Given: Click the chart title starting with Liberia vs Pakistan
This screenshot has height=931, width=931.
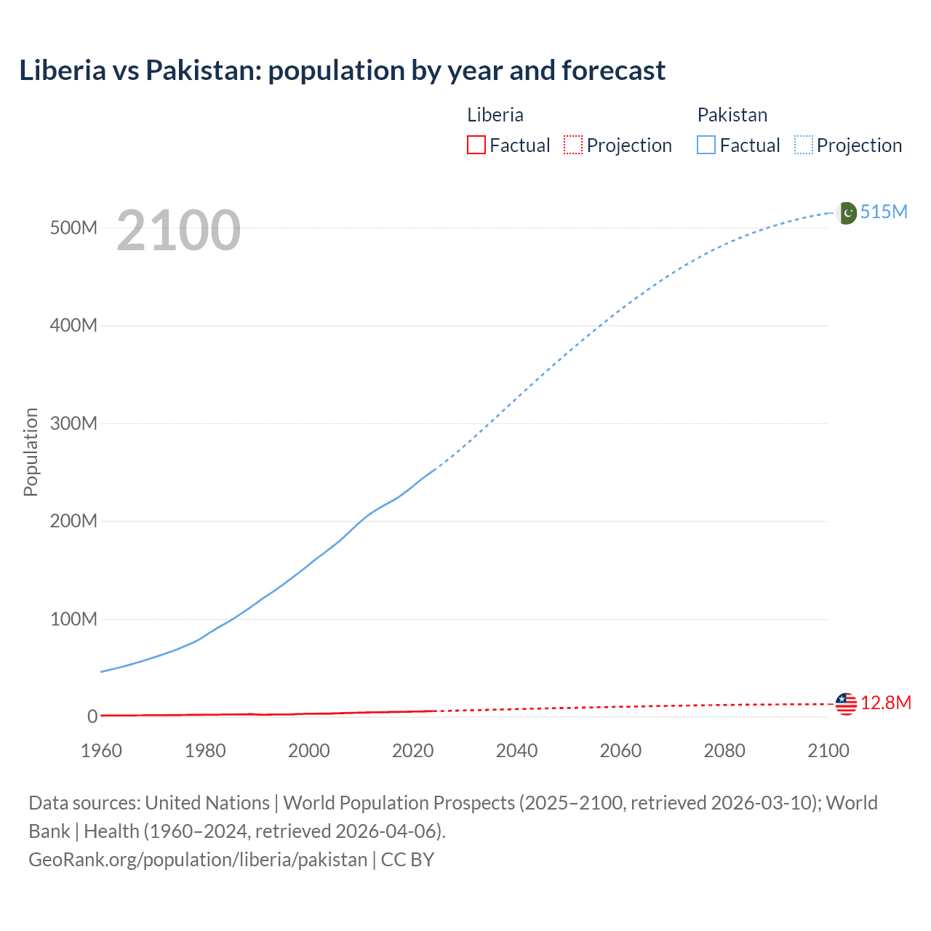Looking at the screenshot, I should coord(342,71).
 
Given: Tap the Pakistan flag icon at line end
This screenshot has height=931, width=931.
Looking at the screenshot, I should coord(847,212).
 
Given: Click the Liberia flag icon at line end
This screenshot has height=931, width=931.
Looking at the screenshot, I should coord(846,703).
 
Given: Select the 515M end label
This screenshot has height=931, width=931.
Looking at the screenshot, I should coord(884,212).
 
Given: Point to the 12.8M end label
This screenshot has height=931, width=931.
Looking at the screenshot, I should coord(885,703).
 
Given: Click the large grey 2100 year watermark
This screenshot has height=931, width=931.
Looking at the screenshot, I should coord(178,231).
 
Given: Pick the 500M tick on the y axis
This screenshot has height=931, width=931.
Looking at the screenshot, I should coord(73,228).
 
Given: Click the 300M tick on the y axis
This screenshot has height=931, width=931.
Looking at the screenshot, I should coord(73,423).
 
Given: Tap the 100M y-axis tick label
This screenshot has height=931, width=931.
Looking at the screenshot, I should coord(73,619).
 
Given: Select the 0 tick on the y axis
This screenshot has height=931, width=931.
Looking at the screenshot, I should coord(92,716).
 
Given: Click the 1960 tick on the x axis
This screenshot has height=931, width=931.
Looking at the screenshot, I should coord(101,751).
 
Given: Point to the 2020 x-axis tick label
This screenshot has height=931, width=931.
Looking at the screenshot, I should coord(412,751).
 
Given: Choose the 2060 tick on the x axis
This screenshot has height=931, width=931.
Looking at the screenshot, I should coord(620,751).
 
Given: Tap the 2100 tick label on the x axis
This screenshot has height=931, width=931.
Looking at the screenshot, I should coord(828,751).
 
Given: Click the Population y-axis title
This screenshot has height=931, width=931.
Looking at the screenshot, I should coord(31,452).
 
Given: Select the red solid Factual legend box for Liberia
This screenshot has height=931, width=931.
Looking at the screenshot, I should coord(476,145).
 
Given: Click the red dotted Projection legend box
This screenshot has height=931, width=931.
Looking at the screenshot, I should coord(573,145).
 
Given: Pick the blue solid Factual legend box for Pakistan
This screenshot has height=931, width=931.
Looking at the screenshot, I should coord(706,145).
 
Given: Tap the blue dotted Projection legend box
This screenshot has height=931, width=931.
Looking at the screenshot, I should coord(804,145).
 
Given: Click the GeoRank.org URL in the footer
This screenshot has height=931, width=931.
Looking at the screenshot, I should coord(198,859).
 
